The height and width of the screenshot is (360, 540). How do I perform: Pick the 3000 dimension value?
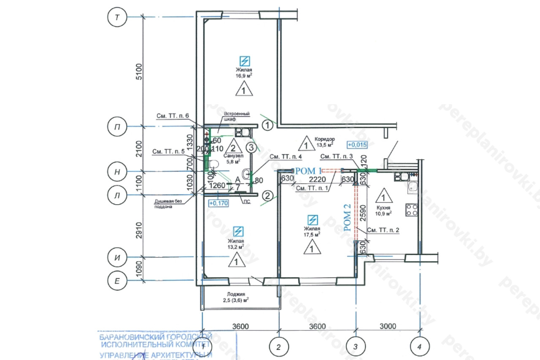coord(388,326)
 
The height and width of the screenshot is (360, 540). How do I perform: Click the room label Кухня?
coord(383,208)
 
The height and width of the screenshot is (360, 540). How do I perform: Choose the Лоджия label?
coord(236,294)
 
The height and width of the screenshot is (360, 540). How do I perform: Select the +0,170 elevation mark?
coord(218,203)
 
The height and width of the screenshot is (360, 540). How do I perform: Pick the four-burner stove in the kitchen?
coord(412,209)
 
